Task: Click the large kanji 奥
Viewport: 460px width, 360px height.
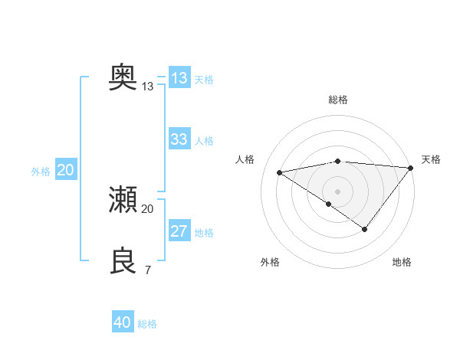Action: click(123, 77)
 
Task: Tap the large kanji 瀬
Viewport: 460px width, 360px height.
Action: click(123, 200)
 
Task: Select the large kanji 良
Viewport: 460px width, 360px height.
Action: click(123, 261)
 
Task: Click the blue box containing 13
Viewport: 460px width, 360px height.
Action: click(179, 78)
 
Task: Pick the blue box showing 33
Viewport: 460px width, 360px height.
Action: click(179, 139)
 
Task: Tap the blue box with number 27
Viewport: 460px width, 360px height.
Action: click(179, 231)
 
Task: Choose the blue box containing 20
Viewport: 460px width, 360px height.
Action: click(65, 170)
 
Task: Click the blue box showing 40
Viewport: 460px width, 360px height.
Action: click(123, 322)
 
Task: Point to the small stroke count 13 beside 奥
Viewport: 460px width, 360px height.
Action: click(148, 87)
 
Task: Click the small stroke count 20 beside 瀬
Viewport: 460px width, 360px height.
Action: click(148, 209)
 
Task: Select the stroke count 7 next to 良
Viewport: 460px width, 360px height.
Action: click(148, 270)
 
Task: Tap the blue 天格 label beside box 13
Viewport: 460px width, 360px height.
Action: click(204, 80)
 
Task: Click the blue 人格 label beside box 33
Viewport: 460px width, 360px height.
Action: click(204, 141)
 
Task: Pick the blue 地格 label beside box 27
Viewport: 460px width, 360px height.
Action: click(204, 233)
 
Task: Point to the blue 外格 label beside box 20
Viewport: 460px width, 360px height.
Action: click(41, 172)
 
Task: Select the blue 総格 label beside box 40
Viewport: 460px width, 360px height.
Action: click(147, 324)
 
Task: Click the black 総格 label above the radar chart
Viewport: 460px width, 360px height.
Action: click(338, 100)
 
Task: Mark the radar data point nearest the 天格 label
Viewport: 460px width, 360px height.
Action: click(411, 167)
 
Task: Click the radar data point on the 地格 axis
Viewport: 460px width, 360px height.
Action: click(365, 229)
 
